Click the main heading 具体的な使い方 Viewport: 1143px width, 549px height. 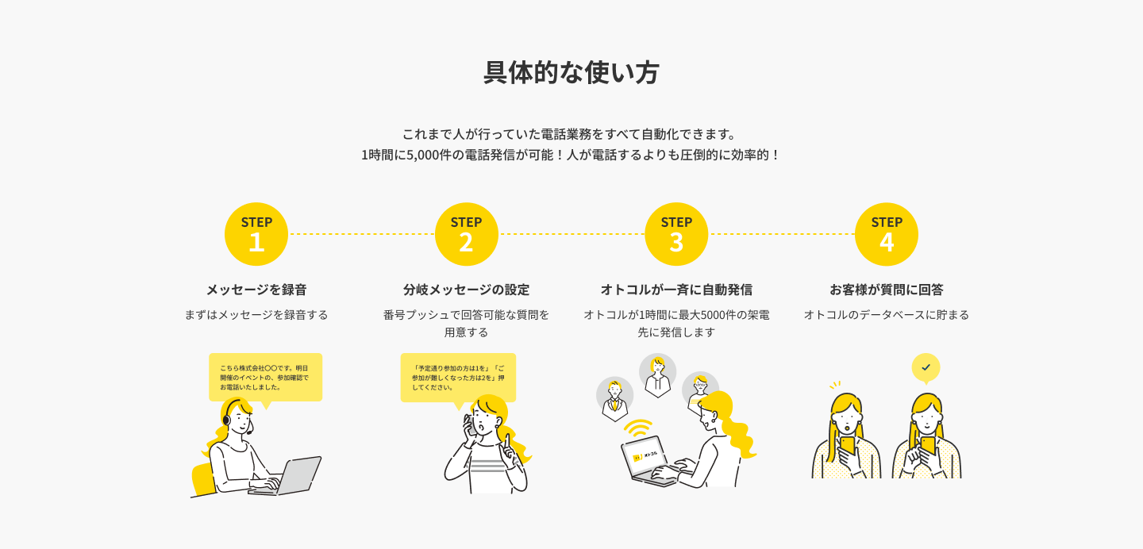click(571, 73)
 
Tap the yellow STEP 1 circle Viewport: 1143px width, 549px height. click(256, 234)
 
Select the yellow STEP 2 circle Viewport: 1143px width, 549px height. click(466, 234)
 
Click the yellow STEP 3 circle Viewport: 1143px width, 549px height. click(676, 234)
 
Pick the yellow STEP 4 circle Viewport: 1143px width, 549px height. click(887, 234)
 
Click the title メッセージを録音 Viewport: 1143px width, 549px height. click(256, 290)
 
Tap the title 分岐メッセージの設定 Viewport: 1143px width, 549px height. click(466, 290)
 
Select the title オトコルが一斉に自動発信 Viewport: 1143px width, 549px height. click(676, 290)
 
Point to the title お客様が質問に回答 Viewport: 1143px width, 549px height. click(887, 290)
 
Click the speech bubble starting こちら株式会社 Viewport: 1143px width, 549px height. click(265, 377)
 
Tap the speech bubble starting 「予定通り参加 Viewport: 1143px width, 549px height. click(458, 377)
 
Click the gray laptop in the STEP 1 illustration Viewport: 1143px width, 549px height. click(290, 476)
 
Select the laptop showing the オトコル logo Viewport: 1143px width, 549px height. click(647, 460)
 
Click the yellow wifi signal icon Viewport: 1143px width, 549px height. click(637, 428)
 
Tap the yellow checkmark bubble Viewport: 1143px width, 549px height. click(926, 367)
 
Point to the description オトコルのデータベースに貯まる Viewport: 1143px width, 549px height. click(887, 315)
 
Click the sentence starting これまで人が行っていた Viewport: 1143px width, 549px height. click(571, 133)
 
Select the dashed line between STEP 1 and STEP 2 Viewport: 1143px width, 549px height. click(361, 234)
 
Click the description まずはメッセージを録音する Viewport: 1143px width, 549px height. click(256, 315)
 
